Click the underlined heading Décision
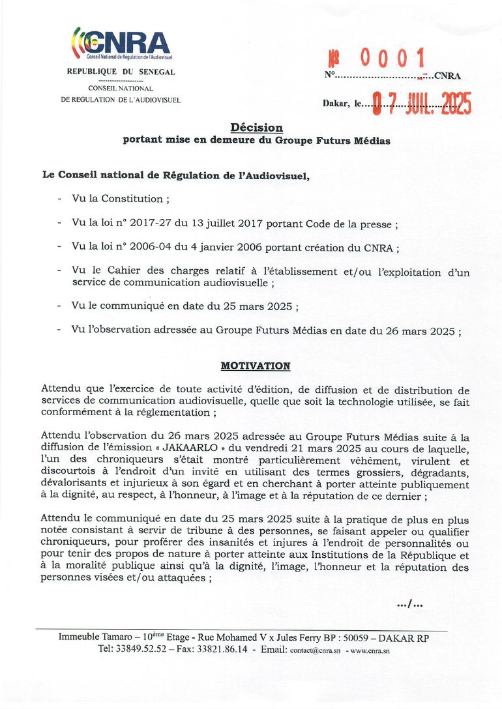point(256,128)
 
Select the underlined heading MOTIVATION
point(256,366)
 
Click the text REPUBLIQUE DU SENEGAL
point(121,72)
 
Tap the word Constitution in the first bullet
point(129,199)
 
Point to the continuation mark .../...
point(410,605)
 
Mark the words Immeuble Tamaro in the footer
point(91,638)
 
